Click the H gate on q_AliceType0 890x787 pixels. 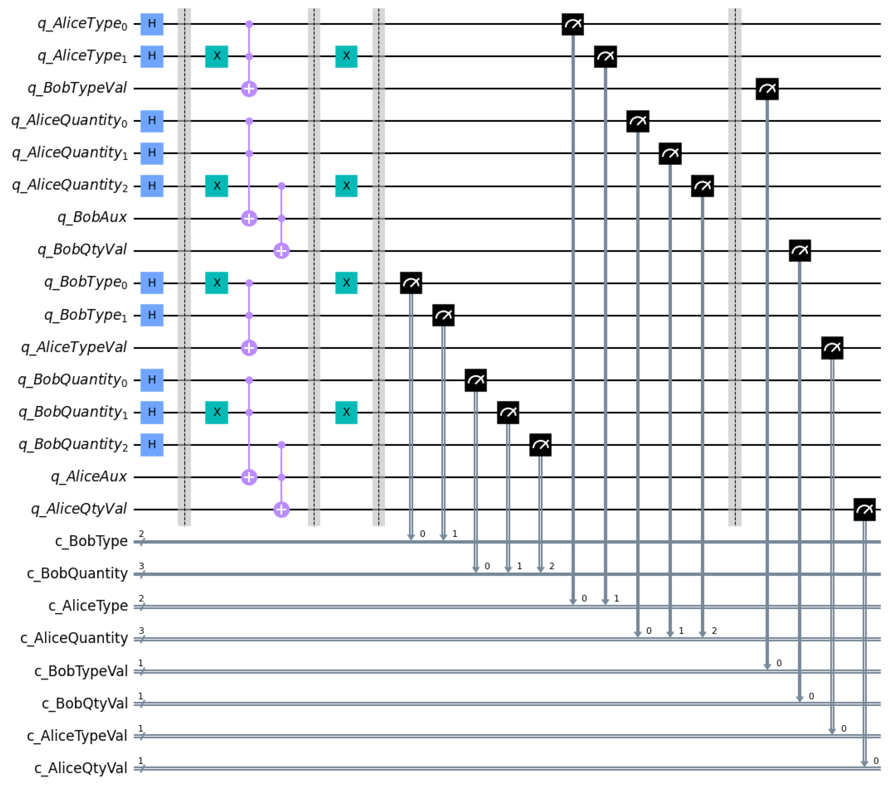click(x=151, y=24)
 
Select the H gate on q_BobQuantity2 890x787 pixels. click(x=151, y=445)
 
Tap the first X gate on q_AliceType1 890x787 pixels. click(x=216, y=56)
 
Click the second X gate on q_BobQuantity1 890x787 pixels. click(x=346, y=412)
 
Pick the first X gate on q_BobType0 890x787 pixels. click(x=216, y=283)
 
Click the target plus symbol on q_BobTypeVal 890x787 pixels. click(x=249, y=89)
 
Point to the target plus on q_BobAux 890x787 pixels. click(x=249, y=218)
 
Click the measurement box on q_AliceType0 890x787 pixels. click(x=573, y=24)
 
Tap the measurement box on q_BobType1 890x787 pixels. click(x=443, y=315)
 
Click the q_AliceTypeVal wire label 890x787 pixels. click(x=74, y=347)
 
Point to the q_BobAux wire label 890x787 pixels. click(x=92, y=218)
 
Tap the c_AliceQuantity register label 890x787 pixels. click(x=74, y=638)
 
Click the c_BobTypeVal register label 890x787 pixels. click(x=81, y=671)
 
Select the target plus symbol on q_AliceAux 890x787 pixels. click(x=249, y=477)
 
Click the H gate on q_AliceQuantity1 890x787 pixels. click(x=151, y=153)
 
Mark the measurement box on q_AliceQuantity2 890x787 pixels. click(x=702, y=186)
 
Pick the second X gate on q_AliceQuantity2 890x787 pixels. click(x=346, y=186)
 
